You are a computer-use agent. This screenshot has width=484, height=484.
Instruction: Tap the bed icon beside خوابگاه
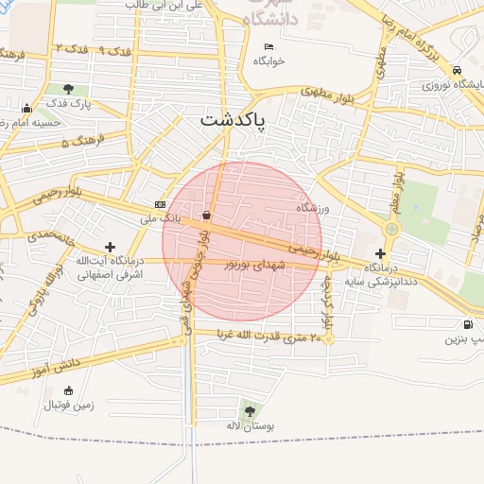(268, 46)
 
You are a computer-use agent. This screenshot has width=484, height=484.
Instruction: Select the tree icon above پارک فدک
(68, 89)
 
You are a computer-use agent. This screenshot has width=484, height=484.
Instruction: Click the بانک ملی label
(159, 219)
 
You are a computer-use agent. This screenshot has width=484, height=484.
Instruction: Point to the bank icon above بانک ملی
(160, 204)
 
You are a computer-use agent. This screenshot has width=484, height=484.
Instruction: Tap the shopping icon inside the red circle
(206, 215)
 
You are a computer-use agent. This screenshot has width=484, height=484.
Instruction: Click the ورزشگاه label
(310, 207)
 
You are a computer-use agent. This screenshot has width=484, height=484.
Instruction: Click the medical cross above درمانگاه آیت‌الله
(111, 246)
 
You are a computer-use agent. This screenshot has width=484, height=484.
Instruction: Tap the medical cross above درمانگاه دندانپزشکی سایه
(380, 253)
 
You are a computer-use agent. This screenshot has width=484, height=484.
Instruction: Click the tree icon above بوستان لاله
(250, 411)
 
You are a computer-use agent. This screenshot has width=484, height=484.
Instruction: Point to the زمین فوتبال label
(68, 406)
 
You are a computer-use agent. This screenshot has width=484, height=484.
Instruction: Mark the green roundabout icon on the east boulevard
(391, 229)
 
